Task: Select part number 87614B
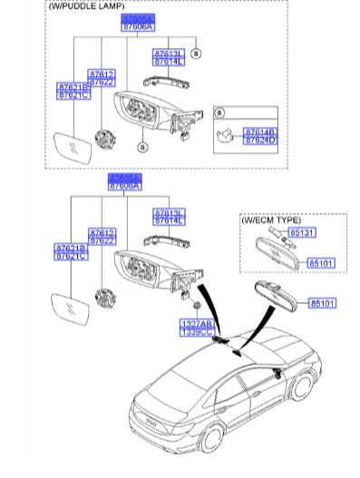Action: (260, 132)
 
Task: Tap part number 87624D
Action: (260, 141)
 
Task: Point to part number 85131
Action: (300, 232)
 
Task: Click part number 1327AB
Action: (194, 323)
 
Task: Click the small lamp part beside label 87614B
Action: (228, 137)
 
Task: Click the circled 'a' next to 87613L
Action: (196, 54)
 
